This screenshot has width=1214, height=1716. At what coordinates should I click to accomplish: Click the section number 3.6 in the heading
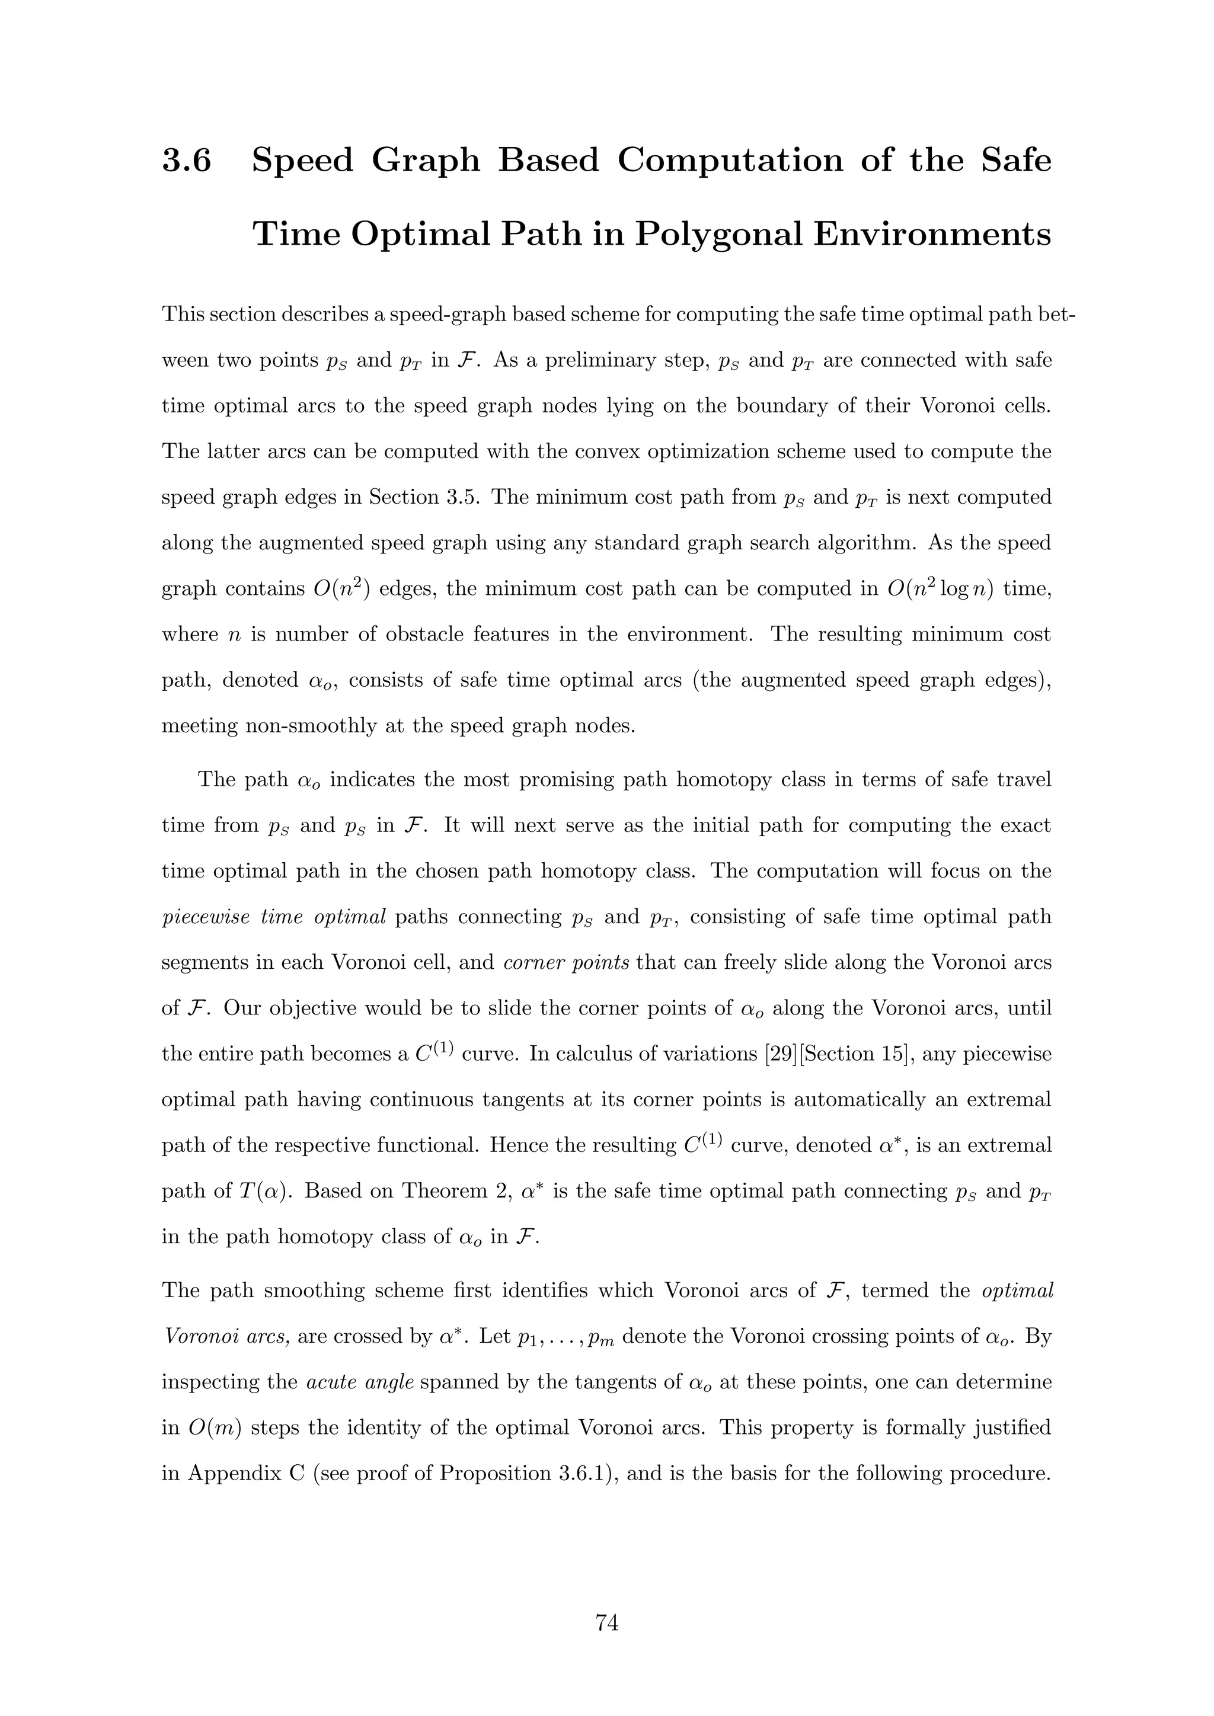187,161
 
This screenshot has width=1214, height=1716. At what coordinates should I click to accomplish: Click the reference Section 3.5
423,498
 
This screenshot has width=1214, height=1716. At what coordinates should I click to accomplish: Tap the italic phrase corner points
566,963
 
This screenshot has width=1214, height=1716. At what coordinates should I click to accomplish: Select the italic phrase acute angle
360,1382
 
